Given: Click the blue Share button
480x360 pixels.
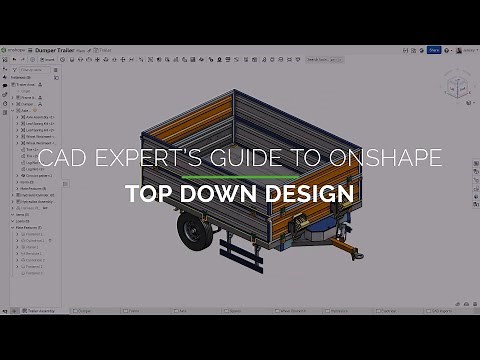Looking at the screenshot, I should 433,49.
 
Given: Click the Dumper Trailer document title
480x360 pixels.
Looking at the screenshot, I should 61,49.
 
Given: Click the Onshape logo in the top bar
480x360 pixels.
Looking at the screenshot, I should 17,49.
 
